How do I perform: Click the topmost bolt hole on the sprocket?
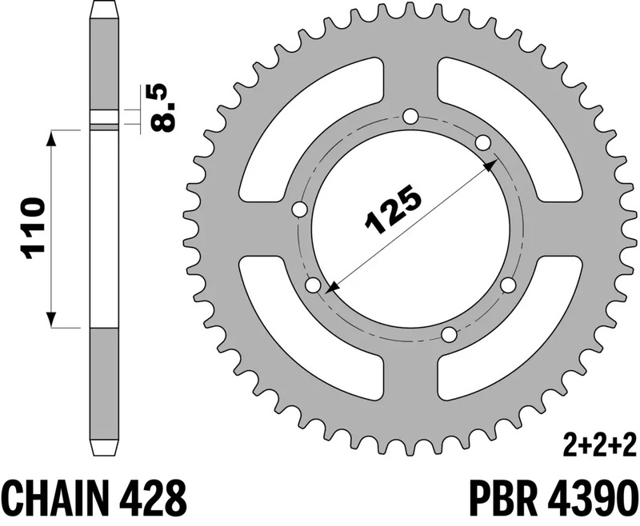tap(411, 117)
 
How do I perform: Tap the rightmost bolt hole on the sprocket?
tap(506, 285)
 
